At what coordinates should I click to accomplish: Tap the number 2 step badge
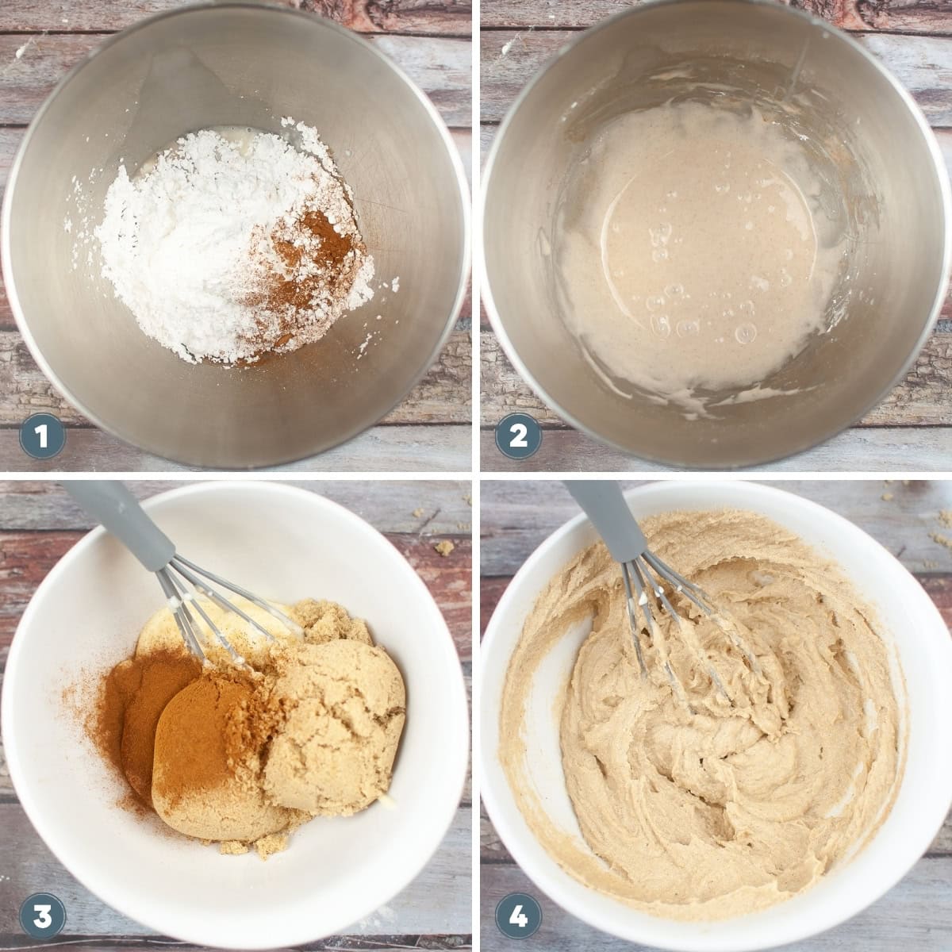(518, 436)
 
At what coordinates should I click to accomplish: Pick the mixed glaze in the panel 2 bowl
(698, 254)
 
